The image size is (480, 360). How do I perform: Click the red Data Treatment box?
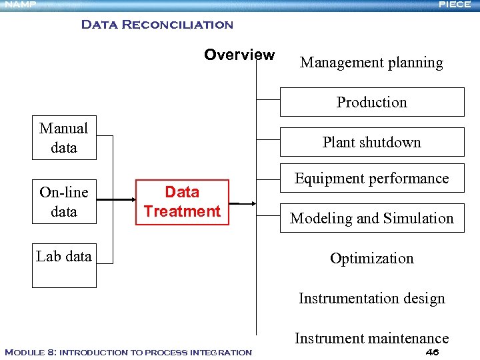(182, 202)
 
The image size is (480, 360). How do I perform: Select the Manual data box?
(64, 138)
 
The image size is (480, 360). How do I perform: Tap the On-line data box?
(64, 202)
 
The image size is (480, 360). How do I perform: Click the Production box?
(371, 102)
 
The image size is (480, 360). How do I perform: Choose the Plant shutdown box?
(371, 142)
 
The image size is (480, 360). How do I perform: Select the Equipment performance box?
(371, 178)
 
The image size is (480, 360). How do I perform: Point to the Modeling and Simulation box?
(371, 218)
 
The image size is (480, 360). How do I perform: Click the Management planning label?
(371, 63)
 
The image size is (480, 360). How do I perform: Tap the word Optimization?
(371, 259)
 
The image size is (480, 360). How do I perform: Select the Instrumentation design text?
(371, 299)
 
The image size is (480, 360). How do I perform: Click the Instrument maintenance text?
(371, 339)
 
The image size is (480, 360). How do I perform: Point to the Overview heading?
(239, 55)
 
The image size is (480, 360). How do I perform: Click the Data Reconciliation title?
(157, 25)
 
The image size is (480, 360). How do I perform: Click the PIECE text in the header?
(455, 5)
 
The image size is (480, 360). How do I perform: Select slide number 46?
(431, 352)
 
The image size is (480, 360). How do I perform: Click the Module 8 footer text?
(128, 352)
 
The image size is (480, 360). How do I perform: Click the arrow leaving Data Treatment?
(243, 203)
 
